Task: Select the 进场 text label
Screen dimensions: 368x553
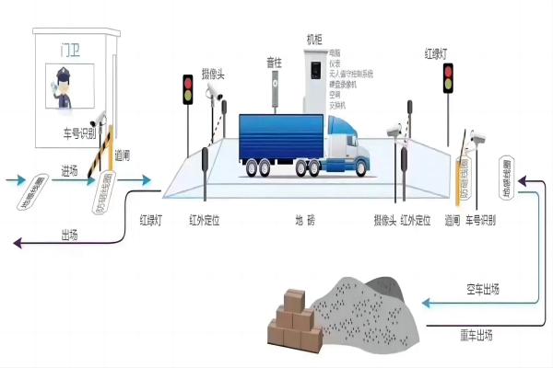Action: tap(70, 170)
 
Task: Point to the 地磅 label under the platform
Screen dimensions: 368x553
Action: tap(304, 221)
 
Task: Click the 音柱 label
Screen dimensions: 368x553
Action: tap(274, 63)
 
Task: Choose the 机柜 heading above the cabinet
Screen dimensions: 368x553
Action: tap(315, 40)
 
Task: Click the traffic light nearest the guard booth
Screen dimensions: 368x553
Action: tap(187, 88)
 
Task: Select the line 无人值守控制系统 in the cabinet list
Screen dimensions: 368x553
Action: tap(350, 74)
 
